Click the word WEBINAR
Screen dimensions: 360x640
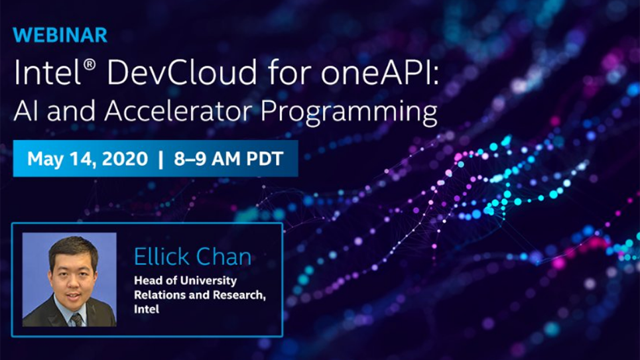[x=60, y=35]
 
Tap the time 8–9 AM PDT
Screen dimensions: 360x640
[x=229, y=159]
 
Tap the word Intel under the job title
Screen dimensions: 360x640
[x=146, y=309]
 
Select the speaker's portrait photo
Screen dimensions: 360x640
[x=69, y=278]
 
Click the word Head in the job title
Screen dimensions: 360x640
[x=147, y=280]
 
